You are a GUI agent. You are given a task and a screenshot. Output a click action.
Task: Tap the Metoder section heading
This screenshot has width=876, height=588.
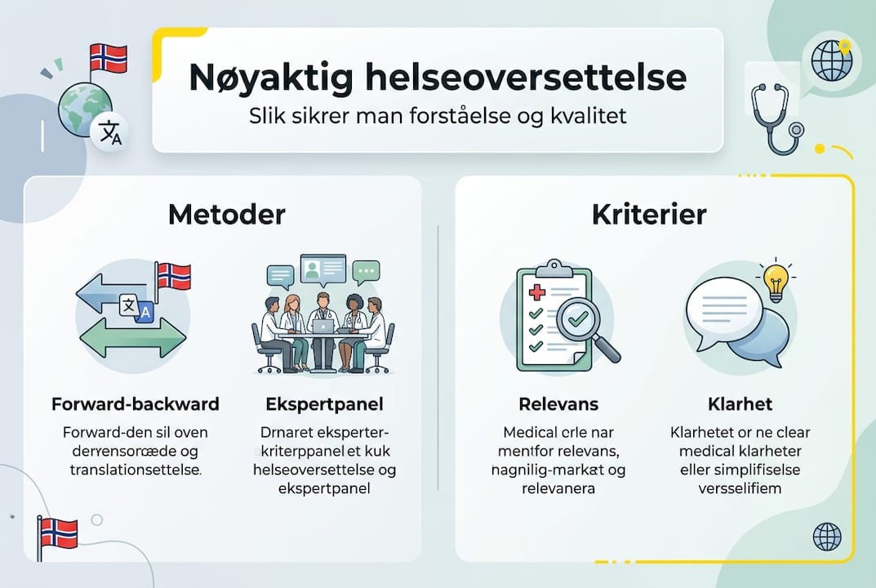coord(226,215)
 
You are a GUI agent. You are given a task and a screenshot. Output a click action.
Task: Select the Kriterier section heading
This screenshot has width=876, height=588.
coord(648,215)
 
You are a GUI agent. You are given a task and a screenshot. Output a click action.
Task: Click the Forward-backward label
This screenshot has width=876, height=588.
coord(135,404)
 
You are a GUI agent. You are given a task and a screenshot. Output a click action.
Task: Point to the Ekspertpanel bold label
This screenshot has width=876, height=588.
coord(324,404)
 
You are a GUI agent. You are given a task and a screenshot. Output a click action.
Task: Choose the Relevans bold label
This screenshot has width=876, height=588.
coord(558,404)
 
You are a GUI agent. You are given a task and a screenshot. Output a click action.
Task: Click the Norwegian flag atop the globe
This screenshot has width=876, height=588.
coord(108,58)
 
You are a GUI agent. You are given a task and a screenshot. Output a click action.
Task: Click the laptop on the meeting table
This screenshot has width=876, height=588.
coord(324,327)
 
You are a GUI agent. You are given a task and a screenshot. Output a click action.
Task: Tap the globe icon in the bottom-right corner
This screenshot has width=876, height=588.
coord(827,537)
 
